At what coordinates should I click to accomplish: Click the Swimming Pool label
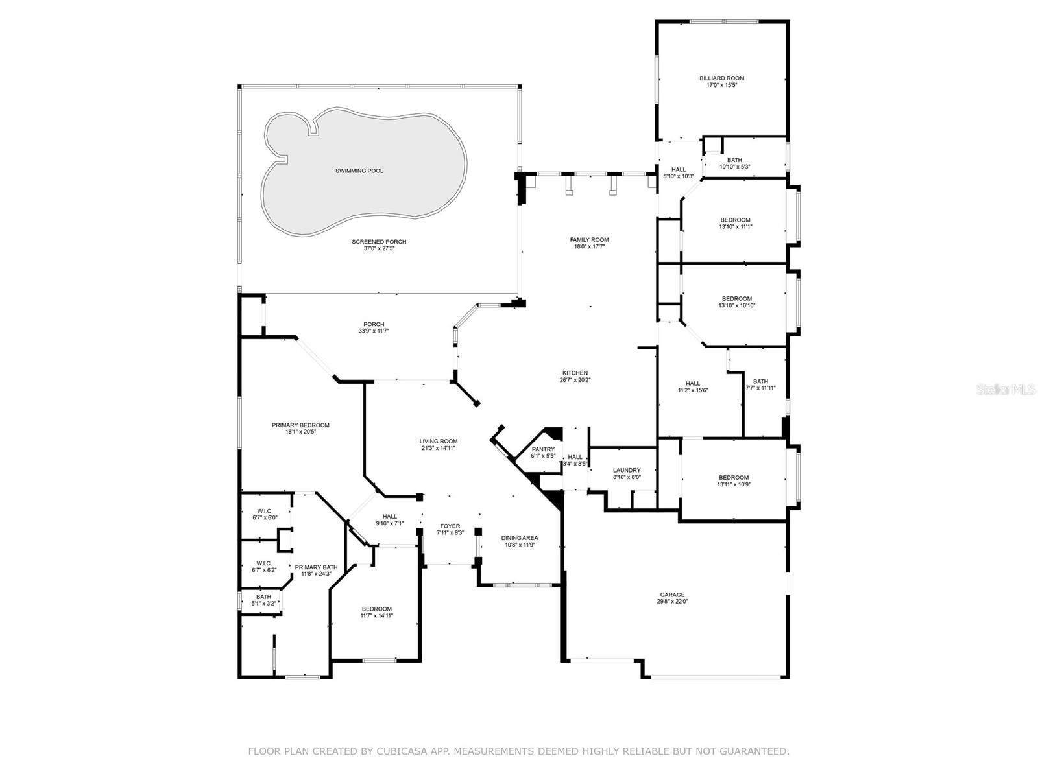[359, 171]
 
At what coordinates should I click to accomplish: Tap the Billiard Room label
[721, 78]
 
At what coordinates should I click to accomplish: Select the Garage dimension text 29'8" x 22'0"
[672, 602]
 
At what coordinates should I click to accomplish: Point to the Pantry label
[543, 449]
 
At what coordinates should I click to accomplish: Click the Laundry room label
[627, 470]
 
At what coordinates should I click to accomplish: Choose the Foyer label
[450, 526]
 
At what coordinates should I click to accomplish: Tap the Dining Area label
[519, 537]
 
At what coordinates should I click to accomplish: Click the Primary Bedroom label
[301, 425]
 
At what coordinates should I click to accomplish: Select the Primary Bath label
[317, 567]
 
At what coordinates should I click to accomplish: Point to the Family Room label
[589, 240]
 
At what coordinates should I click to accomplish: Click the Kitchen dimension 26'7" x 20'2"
[575, 379]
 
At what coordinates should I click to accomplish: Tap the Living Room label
[439, 442]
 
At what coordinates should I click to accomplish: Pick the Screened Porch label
[379, 242]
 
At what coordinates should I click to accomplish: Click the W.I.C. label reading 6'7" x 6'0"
[265, 514]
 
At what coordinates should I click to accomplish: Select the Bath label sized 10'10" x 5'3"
[735, 163]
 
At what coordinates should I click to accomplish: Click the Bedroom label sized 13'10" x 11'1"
[735, 223]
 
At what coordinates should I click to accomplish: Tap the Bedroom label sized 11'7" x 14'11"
[377, 612]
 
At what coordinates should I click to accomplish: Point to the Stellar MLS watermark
[1006, 390]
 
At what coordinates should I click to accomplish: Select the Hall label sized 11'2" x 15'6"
[693, 387]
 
